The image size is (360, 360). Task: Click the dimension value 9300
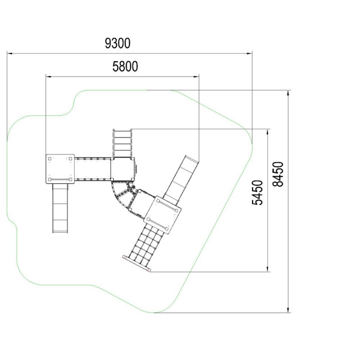(117, 43)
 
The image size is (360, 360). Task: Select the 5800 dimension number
(125, 66)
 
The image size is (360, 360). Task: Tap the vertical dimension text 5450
(257, 193)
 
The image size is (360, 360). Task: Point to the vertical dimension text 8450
(278, 174)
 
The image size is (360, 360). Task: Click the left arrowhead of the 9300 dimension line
(9, 54)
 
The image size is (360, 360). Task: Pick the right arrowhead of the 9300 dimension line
(249, 54)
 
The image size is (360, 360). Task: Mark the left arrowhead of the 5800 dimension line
(49, 76)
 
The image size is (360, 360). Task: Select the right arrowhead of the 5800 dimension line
(196, 76)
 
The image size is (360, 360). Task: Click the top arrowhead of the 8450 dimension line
(288, 93)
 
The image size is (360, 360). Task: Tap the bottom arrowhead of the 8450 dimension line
(288, 310)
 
